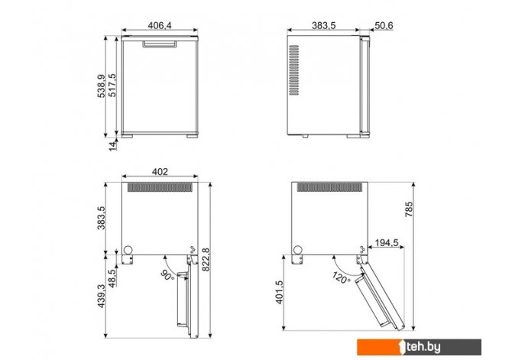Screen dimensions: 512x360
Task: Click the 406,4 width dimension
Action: coord(160,25)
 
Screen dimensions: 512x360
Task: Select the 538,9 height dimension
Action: coord(101,86)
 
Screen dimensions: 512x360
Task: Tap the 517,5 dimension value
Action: coord(112,85)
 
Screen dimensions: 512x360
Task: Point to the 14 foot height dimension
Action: coord(112,146)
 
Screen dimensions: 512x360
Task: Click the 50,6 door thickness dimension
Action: coord(384,25)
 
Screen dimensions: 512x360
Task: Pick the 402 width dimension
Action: coord(160,172)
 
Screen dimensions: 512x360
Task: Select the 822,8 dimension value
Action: coord(206,259)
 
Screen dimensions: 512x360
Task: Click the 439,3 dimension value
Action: coord(101,296)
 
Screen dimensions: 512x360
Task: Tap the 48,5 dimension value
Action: coord(112,278)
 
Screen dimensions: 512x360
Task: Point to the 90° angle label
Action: coord(168,275)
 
